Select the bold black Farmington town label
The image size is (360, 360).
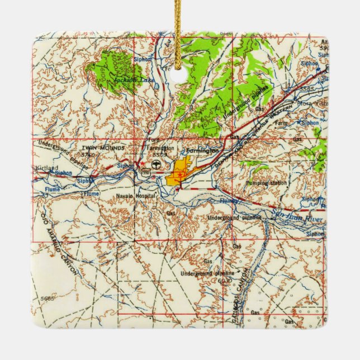(x=203, y=151)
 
